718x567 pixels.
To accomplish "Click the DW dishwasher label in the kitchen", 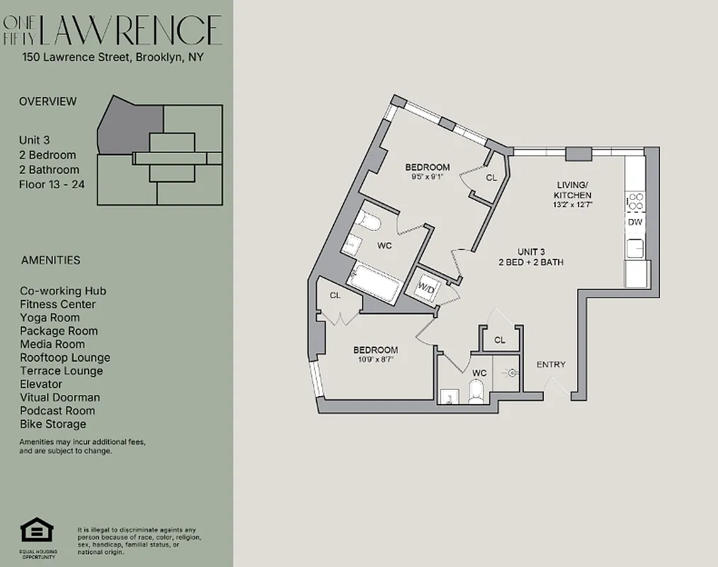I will [x=635, y=222].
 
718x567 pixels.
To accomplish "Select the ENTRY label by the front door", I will [x=551, y=364].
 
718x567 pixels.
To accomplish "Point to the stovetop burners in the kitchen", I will [x=635, y=202].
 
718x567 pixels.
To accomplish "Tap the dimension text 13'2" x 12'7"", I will [x=574, y=204].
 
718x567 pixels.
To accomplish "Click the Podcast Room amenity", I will [x=57, y=410].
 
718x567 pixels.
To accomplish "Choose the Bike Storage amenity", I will [x=53, y=424].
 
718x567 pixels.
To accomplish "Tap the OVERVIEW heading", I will [x=47, y=101].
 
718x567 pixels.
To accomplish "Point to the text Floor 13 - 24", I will [x=49, y=184].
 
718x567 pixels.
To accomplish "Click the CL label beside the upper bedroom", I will [x=491, y=179].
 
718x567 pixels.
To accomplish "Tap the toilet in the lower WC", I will [x=476, y=391].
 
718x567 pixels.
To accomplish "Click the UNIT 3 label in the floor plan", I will [x=531, y=252].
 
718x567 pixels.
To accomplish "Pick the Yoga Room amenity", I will [x=50, y=318].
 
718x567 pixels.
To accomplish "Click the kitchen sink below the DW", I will [x=635, y=248].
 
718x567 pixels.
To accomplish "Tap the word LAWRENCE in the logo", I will [x=131, y=30].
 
